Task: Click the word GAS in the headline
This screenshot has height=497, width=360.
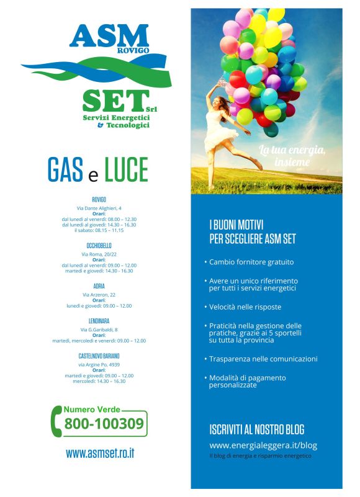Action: coord(65,169)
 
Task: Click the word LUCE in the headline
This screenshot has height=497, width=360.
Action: coord(126,169)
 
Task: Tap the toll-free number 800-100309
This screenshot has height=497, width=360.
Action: coord(104,424)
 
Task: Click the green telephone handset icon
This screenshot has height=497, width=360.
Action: coord(58,423)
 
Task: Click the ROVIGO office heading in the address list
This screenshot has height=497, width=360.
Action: coord(99,199)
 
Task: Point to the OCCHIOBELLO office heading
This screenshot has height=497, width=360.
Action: coord(99,246)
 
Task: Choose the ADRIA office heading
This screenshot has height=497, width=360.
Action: coord(99,286)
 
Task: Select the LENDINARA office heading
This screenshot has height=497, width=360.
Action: coord(99,321)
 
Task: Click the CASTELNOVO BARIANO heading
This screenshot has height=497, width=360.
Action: coord(99,356)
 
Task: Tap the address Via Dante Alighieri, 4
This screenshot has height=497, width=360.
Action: coord(99,208)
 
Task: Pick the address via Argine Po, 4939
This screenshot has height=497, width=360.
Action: coord(99,365)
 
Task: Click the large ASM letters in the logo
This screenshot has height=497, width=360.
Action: coord(109,37)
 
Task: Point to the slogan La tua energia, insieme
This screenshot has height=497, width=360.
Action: coord(292,155)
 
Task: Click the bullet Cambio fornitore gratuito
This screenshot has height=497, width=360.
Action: coord(251,262)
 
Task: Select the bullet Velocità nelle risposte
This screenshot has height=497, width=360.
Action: coord(245,307)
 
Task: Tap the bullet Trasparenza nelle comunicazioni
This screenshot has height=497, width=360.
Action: coord(263,359)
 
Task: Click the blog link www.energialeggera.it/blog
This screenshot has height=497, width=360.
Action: coord(263,445)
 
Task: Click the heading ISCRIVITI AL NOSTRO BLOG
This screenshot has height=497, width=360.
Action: coord(257,429)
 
